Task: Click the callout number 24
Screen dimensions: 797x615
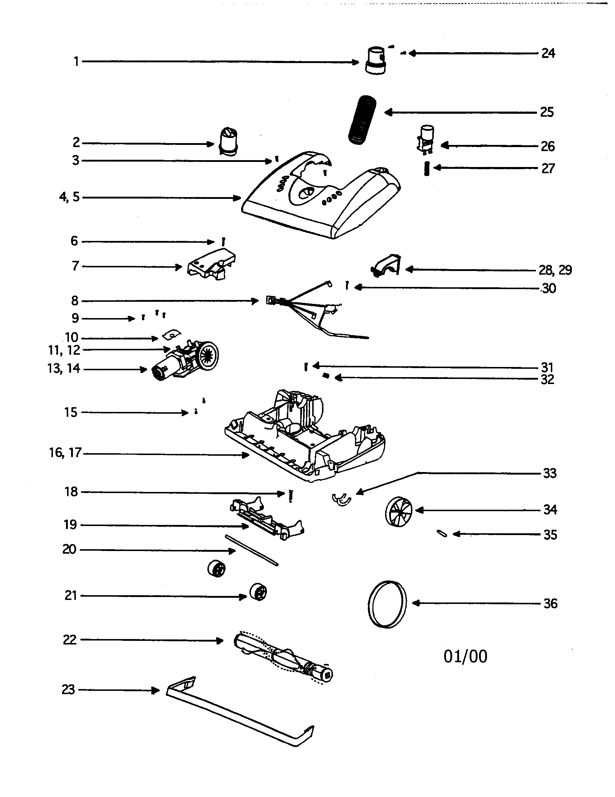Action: tap(548, 53)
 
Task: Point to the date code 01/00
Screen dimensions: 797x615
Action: tap(465, 656)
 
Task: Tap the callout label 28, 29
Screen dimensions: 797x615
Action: tap(555, 270)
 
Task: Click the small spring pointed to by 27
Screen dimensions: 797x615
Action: tap(426, 169)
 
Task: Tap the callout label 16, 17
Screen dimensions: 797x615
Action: tap(65, 453)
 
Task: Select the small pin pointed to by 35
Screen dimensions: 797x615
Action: tap(442, 534)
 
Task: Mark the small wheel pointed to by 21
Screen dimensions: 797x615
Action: tap(258, 592)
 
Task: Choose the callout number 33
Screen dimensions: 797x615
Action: tap(550, 473)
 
